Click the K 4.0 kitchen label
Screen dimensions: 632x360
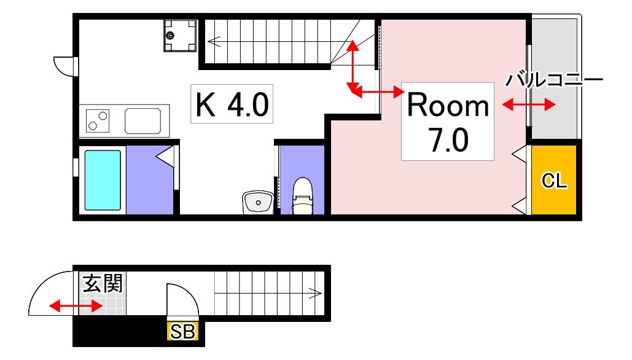pyautogui.click(x=232, y=104)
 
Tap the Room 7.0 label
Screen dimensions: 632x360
pyautogui.click(x=448, y=122)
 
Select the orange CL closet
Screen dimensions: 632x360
pyautogui.click(x=554, y=180)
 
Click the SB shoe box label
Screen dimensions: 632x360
pyautogui.click(x=182, y=331)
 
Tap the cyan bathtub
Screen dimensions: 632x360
pyautogui.click(x=103, y=180)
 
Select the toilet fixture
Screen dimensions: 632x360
pyautogui.click(x=302, y=196)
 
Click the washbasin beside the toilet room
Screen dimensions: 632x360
pyautogui.click(x=258, y=202)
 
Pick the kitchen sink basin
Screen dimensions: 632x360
pyautogui.click(x=143, y=120)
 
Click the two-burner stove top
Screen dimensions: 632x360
pyautogui.click(x=98, y=121)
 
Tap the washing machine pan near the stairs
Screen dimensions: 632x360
pyautogui.click(x=180, y=36)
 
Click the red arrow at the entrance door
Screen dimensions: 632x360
pyautogui.click(x=76, y=306)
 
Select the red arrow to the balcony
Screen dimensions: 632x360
pyautogui.click(x=529, y=105)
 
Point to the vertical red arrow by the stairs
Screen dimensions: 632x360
pyautogui.click(x=353, y=66)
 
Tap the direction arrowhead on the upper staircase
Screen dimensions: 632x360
pyautogui.click(x=214, y=41)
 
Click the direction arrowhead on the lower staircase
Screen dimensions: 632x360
pyautogui.click(x=315, y=293)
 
